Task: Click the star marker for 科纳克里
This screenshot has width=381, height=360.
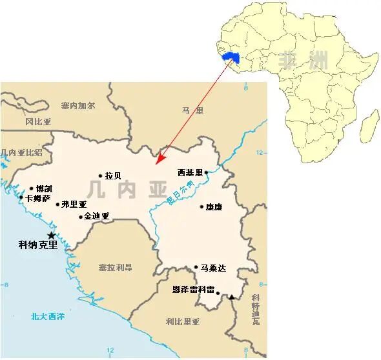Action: (52, 235)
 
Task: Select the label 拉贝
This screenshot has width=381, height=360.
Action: (113, 175)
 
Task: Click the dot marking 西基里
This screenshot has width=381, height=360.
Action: (206, 172)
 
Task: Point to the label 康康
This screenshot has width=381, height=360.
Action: (214, 207)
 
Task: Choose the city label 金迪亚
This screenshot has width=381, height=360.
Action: (97, 216)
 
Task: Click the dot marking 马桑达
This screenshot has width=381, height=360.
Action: (196, 267)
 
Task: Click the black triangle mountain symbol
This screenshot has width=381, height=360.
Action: (231, 297)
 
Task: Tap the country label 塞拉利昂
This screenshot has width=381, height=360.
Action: (116, 267)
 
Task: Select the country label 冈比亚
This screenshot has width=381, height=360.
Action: (38, 121)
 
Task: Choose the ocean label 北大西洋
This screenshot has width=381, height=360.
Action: (47, 316)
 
